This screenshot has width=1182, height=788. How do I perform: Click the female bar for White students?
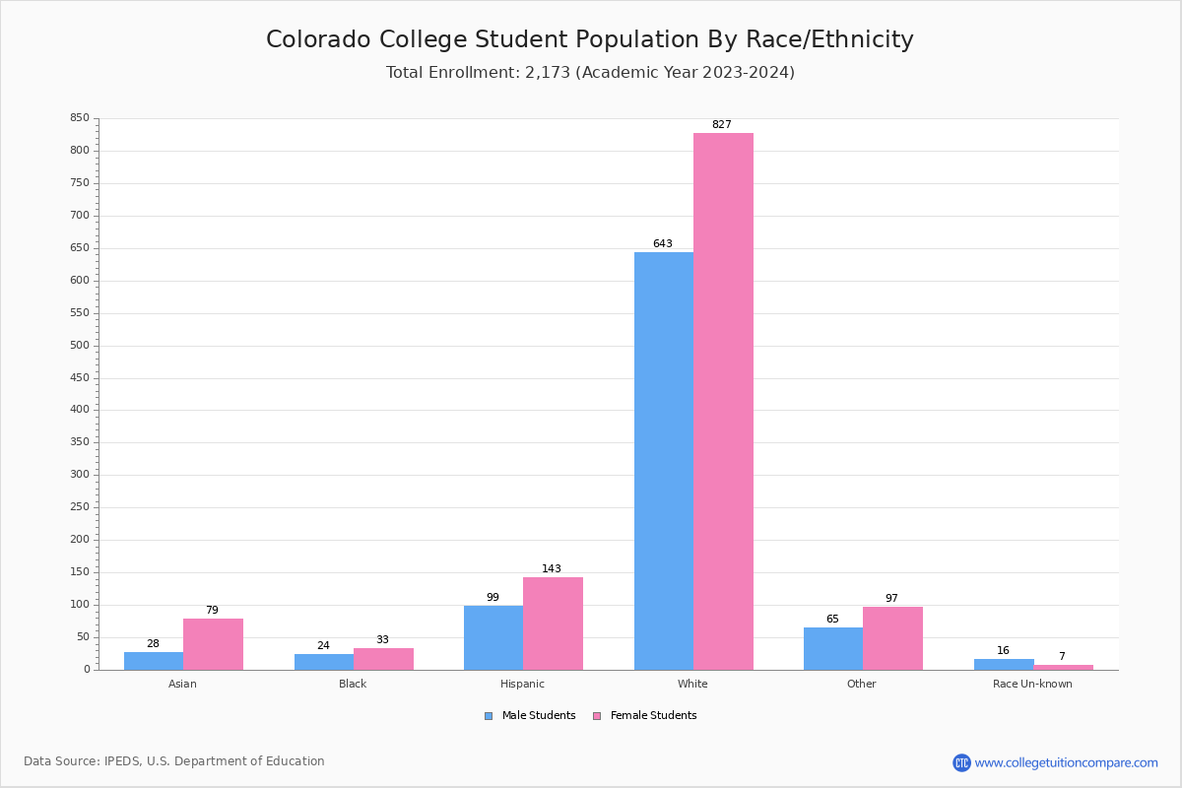click(723, 401)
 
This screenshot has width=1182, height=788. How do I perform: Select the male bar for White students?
click(663, 460)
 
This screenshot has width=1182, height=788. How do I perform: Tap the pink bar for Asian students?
click(213, 644)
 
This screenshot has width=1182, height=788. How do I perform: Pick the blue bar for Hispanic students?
click(492, 637)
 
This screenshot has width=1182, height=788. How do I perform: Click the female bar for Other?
click(892, 638)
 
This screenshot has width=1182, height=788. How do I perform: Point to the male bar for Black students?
click(323, 662)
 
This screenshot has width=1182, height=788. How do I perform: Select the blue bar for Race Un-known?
click(1003, 664)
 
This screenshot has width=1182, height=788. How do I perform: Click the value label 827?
click(722, 125)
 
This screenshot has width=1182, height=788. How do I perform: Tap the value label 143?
click(552, 569)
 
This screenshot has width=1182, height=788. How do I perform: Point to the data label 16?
click(1003, 651)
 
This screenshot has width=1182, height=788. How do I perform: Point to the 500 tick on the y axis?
click(79, 346)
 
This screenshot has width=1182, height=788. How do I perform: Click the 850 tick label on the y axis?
click(79, 118)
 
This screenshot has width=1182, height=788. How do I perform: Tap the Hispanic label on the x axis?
click(522, 684)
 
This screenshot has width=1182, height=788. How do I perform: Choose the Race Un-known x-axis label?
click(1032, 684)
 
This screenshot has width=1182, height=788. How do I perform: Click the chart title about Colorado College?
click(590, 39)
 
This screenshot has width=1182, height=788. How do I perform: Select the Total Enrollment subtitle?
click(590, 72)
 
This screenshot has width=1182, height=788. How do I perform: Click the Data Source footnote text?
click(174, 761)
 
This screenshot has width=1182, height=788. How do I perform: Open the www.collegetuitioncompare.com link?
click(1066, 762)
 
